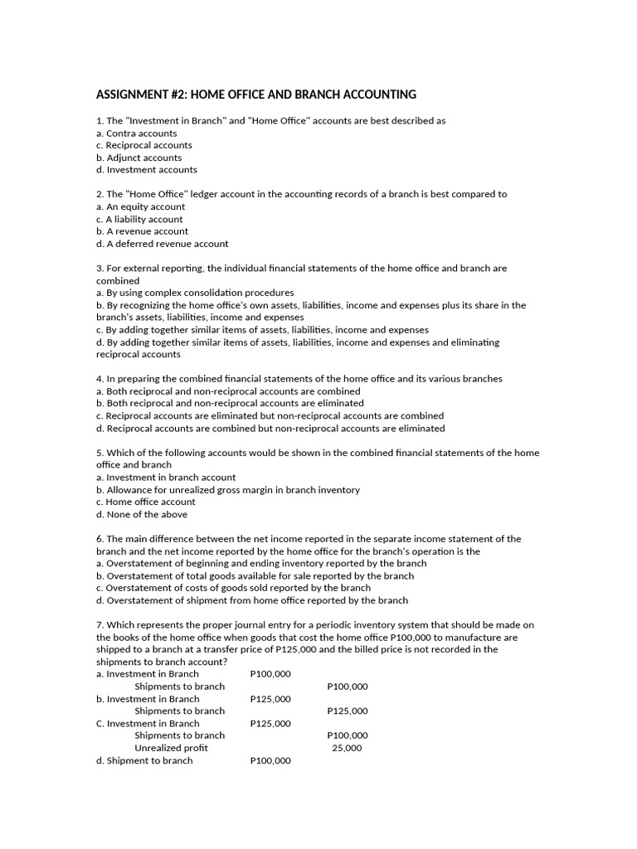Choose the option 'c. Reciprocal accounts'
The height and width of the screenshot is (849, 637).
pos(143,145)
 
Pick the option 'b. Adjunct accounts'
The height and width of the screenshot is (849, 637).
pos(139,158)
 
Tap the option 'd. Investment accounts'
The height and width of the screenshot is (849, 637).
pos(146,170)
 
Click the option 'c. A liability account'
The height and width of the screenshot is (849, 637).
pos(139,219)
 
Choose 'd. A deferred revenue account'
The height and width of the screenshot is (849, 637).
pos(162,244)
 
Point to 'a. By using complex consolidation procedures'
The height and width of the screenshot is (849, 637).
pos(195,293)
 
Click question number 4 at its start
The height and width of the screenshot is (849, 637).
pos(100,379)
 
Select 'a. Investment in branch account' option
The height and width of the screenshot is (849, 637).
pos(166,478)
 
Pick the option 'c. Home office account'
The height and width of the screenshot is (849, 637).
pos(145,502)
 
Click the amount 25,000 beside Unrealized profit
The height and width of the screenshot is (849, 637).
pos(347,748)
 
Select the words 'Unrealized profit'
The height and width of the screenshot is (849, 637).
pos(171,748)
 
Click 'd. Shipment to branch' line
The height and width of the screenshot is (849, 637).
pos(144,760)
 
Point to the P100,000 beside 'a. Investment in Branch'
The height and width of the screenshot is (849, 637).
pos(270,674)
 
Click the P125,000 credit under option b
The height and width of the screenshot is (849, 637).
pos(348,711)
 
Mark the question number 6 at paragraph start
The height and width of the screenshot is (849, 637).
pos(100,539)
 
